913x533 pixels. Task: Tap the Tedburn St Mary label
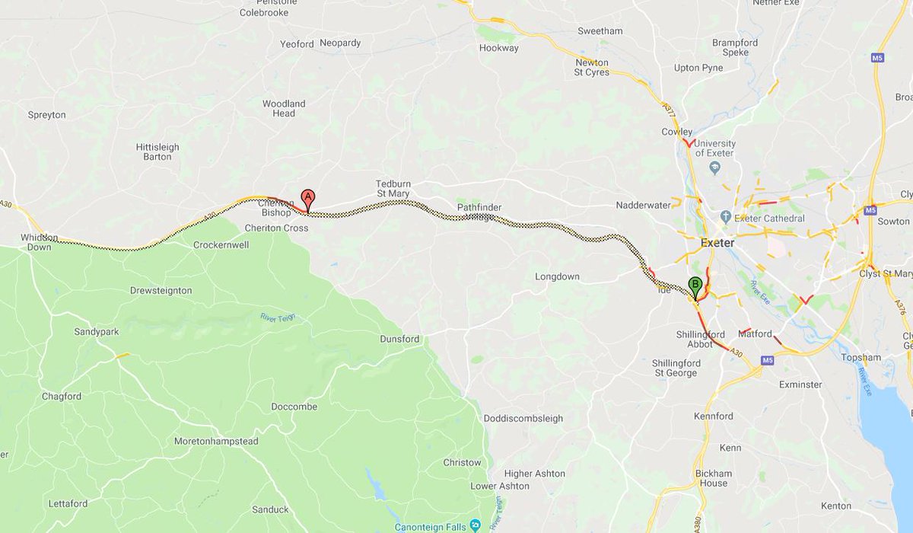[393, 188]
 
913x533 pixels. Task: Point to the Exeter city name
[717, 243]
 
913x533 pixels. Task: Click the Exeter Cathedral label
[769, 219]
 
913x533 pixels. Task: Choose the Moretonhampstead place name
[216, 442]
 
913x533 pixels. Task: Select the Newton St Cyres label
[591, 67]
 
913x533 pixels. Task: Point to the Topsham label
[861, 357]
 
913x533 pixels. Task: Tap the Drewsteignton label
[161, 291]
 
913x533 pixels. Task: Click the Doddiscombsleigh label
[523, 419]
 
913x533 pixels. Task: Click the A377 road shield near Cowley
[669, 111]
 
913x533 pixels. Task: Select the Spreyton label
[47, 115]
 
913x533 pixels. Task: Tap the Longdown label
[557, 277]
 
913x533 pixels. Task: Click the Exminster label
[800, 385]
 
